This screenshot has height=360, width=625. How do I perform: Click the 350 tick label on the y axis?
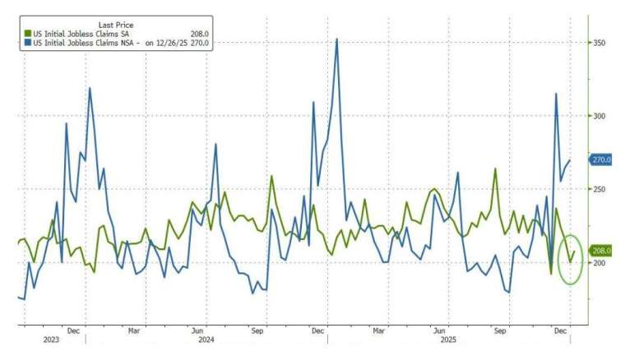click(601, 43)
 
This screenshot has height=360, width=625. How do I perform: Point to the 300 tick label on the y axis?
click(601, 116)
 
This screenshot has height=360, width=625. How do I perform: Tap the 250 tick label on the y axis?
click(601, 189)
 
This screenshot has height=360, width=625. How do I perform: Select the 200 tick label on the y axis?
click(601, 262)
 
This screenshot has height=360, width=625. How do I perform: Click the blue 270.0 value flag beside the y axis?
click(602, 160)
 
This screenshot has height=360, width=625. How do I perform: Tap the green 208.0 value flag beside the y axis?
click(602, 251)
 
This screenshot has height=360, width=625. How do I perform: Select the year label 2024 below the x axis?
click(206, 339)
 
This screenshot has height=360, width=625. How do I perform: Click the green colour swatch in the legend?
click(27, 34)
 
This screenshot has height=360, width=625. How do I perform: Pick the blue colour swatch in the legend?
click(27, 42)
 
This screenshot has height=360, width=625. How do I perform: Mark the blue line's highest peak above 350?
click(336, 39)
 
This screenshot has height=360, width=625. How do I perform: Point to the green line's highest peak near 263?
click(496, 169)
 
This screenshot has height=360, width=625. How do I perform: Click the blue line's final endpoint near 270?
click(570, 160)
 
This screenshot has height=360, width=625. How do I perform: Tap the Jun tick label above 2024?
click(197, 330)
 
